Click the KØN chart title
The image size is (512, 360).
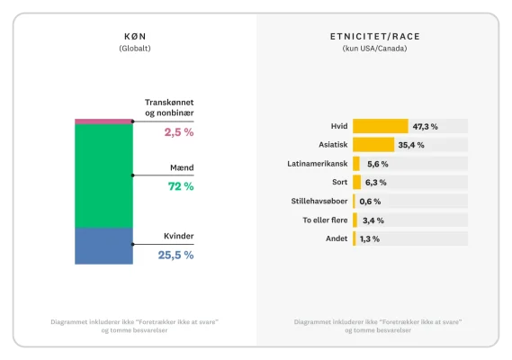pos(135,36)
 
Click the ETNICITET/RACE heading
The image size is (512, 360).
pos(374,36)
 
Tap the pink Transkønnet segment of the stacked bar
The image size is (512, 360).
pos(103,121)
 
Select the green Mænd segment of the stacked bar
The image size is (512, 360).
pos(103,175)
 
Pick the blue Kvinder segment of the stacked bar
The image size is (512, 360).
pos(103,246)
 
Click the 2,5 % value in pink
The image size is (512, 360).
pos(178,132)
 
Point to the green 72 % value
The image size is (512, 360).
pos(181,186)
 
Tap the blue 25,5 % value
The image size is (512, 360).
pos(175,255)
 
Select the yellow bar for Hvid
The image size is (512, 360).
pos(380,126)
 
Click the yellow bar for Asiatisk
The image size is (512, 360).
pos(373,145)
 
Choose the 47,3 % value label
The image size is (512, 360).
pos(425,126)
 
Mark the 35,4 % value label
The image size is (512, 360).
pos(411,145)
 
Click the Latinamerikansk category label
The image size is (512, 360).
pos(317,164)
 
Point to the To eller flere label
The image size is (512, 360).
pos(324,220)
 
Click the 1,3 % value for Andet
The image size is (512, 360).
pos(369,239)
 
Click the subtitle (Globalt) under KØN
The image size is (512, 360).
pos(135,49)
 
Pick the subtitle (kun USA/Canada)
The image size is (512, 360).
pos(374,49)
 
